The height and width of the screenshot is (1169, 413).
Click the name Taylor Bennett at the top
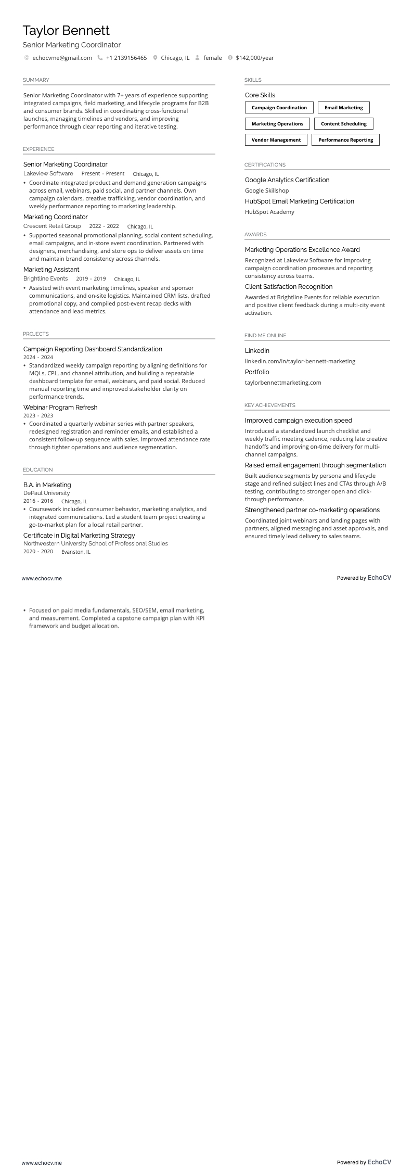click(66, 31)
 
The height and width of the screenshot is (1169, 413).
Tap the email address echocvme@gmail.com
click(62, 58)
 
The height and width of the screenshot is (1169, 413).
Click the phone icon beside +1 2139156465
click(100, 58)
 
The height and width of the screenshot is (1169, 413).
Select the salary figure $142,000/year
click(254, 58)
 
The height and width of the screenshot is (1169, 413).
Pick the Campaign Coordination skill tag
click(279, 108)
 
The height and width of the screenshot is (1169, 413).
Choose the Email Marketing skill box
click(343, 108)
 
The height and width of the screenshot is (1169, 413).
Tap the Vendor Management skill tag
click(276, 140)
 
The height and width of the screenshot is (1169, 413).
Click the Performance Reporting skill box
click(345, 140)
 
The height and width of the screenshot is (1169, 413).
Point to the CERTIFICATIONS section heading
click(265, 165)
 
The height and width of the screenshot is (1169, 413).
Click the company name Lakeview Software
click(48, 174)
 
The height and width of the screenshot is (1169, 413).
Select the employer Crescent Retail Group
click(52, 226)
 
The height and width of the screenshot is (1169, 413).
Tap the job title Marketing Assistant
click(51, 270)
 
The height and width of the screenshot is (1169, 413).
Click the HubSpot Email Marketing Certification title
click(299, 201)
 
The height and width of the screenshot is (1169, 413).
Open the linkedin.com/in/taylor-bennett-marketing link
click(300, 361)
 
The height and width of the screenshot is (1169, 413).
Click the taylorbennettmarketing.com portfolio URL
click(283, 383)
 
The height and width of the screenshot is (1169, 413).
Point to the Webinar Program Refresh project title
click(60, 408)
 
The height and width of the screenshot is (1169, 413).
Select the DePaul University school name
click(46, 493)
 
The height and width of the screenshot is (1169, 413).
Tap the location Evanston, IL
click(75, 552)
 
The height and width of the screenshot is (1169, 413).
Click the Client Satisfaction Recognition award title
click(288, 287)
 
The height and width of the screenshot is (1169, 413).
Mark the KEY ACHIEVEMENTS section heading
click(269, 405)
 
